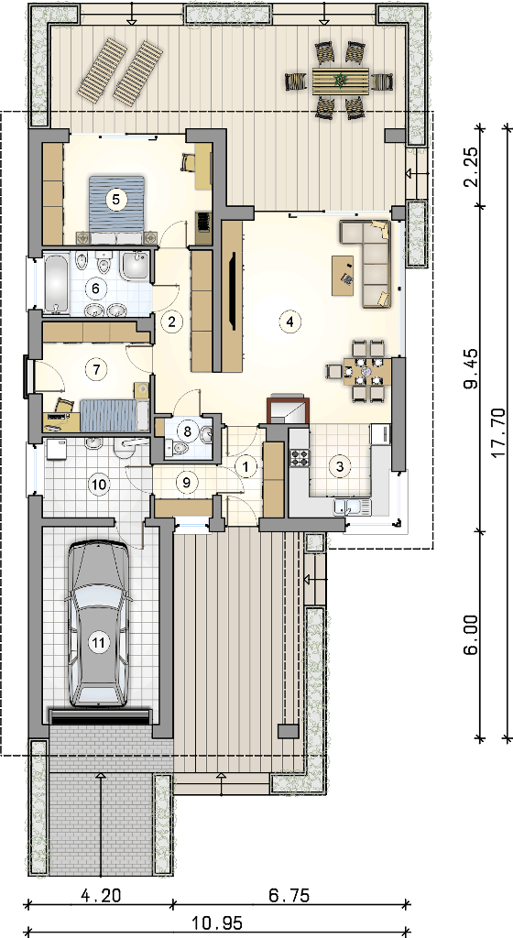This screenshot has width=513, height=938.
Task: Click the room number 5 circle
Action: tap(116, 200)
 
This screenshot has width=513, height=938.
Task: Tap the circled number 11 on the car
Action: tap(99, 643)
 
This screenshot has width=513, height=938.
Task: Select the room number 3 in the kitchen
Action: tap(340, 466)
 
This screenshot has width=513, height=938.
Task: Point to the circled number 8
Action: tap(187, 430)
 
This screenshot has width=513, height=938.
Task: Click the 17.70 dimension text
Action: tap(498, 432)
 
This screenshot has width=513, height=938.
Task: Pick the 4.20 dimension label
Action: tap(101, 896)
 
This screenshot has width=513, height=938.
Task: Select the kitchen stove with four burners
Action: tap(300, 458)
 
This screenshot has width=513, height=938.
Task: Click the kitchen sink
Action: tap(352, 507)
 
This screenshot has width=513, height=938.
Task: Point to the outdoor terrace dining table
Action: tap(340, 81)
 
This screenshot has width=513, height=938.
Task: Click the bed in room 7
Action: tap(114, 415)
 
